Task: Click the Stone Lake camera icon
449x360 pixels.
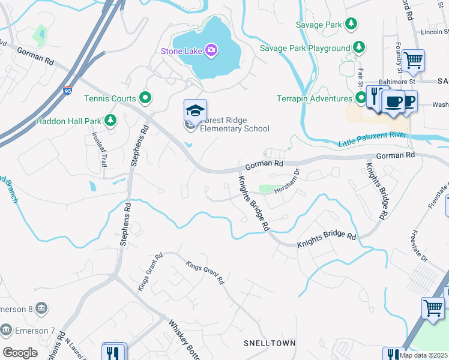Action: pos(211,50)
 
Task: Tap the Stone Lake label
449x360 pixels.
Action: pos(181,51)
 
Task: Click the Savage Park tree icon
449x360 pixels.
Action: pos(351,25)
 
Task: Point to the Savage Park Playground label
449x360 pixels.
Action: pos(304,48)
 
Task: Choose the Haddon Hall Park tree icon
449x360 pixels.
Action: pos(110,121)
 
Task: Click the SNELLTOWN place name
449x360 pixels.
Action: pos(269,343)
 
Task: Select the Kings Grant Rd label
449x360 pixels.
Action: pos(205,272)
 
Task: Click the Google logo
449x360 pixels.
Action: pos(20,353)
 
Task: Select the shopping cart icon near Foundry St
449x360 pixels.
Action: pos(413,61)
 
